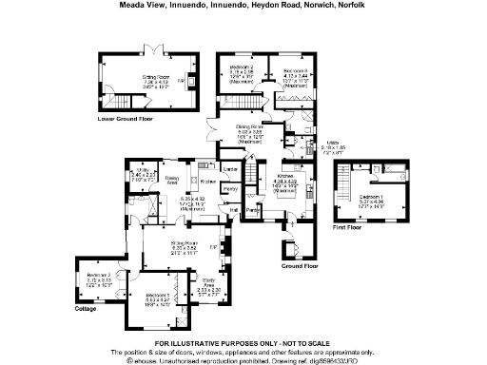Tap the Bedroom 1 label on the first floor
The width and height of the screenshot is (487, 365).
pyautogui.click(x=370, y=197)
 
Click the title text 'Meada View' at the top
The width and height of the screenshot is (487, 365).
pyautogui.click(x=140, y=5)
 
